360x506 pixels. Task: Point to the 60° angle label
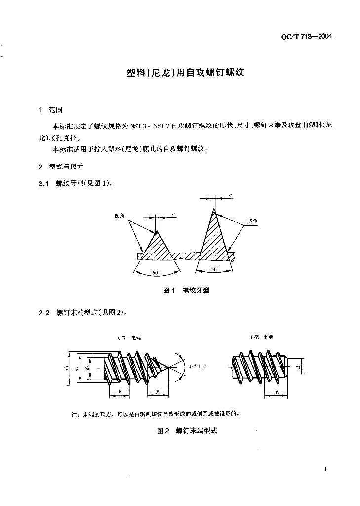click(x=157, y=273)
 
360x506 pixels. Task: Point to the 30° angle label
click(x=214, y=269)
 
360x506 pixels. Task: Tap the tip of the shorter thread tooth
click(x=157, y=232)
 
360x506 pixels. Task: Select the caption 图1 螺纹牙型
click(x=186, y=291)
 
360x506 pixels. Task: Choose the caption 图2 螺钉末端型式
click(x=187, y=431)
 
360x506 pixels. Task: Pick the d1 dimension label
click(x=66, y=368)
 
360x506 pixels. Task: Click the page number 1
click(x=326, y=469)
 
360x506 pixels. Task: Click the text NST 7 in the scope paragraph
click(x=161, y=126)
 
